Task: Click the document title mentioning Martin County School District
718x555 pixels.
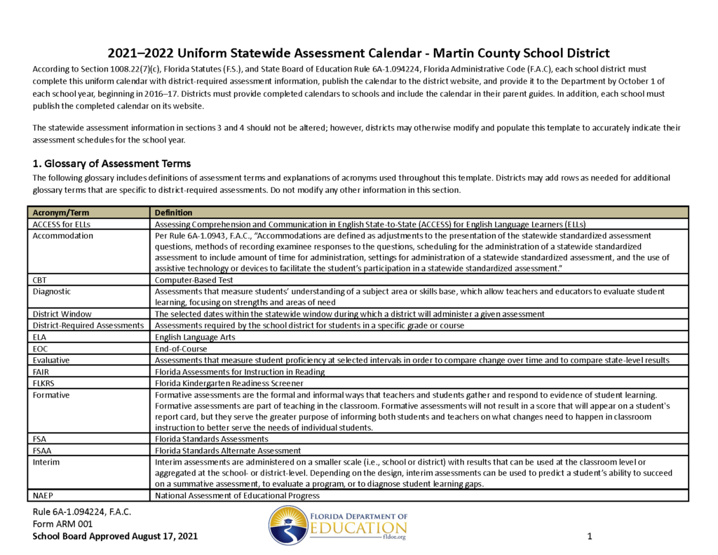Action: tap(358, 53)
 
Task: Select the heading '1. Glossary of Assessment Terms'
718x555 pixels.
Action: tap(111, 163)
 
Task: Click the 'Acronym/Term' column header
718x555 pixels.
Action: tap(61, 213)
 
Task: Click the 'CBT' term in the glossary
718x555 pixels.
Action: tap(40, 279)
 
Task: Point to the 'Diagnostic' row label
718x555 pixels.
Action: tap(52, 291)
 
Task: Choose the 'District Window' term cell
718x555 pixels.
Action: tap(62, 314)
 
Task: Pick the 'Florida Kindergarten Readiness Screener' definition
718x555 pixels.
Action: tap(229, 383)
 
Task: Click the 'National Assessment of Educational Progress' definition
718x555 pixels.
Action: tap(237, 495)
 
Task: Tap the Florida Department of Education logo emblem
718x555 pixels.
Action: tap(289, 526)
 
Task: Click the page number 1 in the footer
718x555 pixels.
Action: tap(590, 537)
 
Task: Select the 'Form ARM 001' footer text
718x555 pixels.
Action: tap(63, 523)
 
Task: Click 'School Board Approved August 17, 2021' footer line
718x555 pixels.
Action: tap(115, 536)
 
